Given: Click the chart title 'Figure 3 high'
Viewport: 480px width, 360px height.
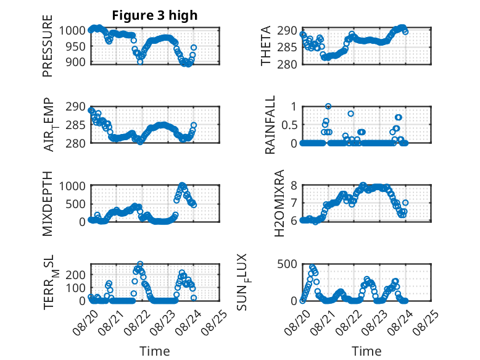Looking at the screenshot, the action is click(x=155, y=15).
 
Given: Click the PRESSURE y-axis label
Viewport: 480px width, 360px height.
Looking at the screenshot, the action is click(x=48, y=46).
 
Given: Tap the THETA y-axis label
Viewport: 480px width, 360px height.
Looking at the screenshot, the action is click(x=266, y=46).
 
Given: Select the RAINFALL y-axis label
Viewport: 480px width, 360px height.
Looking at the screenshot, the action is click(x=270, y=125).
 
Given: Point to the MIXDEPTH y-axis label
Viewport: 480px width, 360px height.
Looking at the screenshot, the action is click(x=48, y=204).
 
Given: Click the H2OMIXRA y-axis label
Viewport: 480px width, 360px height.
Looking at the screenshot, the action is click(x=279, y=203).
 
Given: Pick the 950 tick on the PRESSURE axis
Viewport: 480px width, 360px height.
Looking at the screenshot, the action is click(x=76, y=46).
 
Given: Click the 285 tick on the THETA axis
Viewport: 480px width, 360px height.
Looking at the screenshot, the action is click(x=287, y=47).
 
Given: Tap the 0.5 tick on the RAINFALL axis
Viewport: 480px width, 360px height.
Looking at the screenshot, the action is click(x=289, y=125).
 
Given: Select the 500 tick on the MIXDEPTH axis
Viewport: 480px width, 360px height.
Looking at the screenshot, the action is click(x=76, y=204).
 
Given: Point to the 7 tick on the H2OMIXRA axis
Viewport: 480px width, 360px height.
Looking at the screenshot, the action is click(x=294, y=203).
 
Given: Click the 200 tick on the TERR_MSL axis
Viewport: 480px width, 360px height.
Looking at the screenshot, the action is click(x=76, y=275).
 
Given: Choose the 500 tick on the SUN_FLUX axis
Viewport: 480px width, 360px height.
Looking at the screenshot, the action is click(x=287, y=264).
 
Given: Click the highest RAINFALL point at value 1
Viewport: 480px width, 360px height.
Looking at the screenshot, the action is click(x=328, y=106).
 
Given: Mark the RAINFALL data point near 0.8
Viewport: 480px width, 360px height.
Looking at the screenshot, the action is click(x=351, y=114).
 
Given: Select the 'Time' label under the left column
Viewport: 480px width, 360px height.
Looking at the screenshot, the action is click(x=155, y=351).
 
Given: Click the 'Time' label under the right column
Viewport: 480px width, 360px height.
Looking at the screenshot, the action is click(x=366, y=351).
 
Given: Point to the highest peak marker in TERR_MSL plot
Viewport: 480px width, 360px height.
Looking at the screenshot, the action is click(x=140, y=264).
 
